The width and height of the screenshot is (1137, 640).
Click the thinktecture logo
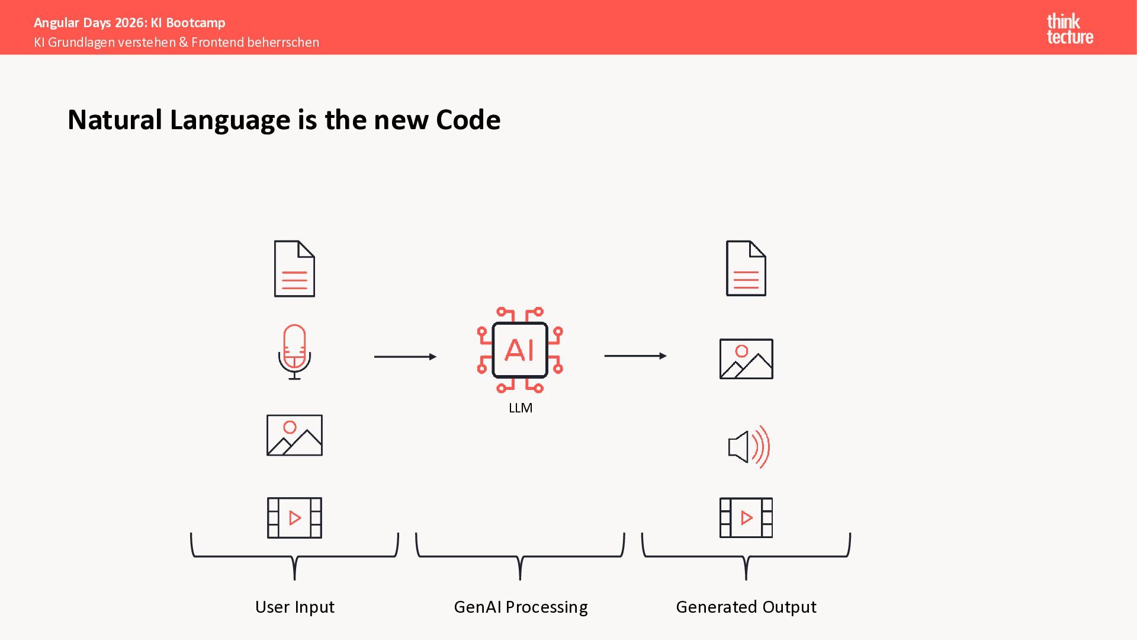click(1069, 28)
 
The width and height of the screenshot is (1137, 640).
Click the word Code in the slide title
click(468, 120)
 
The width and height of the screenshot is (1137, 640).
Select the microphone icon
click(294, 351)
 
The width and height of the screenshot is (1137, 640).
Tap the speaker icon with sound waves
click(749, 447)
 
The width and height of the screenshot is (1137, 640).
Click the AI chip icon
click(520, 350)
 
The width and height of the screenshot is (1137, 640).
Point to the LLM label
click(521, 408)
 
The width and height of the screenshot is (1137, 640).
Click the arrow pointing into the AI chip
click(405, 357)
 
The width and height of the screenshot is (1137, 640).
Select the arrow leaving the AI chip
click(635, 356)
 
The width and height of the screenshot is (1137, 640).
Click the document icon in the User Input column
click(294, 268)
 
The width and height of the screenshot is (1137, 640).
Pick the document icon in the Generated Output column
click(746, 268)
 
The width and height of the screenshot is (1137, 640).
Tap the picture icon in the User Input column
click(294, 435)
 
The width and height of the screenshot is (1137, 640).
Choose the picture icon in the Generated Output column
click(746, 359)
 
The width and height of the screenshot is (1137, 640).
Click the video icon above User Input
click(294, 517)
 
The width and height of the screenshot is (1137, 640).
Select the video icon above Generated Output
click(746, 517)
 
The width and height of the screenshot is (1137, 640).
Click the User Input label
click(294, 607)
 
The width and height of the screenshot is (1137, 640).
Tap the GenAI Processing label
click(521, 607)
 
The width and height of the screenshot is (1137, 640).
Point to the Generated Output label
click(746, 607)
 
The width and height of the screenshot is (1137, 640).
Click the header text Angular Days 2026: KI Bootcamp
click(130, 23)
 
